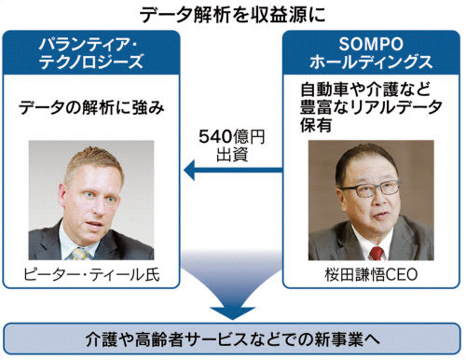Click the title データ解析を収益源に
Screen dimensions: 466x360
232,15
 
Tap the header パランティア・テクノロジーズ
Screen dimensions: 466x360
90,53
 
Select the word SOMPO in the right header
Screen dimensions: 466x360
371,44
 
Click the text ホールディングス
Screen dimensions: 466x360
371,62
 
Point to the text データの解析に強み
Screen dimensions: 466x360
91,108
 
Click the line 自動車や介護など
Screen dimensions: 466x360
365,90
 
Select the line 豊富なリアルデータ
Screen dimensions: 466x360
372,107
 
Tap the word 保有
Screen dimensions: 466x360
316,125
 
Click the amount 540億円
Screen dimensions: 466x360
232,137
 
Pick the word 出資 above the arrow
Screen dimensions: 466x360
232,155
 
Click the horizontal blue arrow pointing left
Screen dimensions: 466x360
233,171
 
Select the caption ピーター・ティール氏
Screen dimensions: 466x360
91,275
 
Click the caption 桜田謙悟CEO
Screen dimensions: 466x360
371,275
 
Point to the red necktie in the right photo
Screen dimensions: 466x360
377,253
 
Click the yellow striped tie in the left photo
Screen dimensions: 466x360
80,254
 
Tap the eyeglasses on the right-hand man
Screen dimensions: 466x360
370,189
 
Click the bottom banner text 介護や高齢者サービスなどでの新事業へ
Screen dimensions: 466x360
233,339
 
